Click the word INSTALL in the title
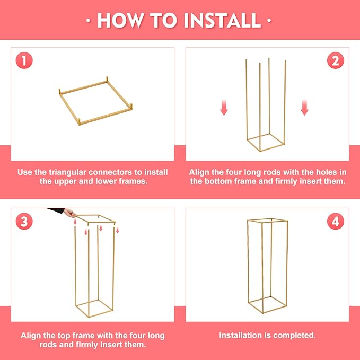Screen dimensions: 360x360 click(222, 20)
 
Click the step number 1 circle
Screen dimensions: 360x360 click(24, 60)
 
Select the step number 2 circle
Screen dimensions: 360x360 click(335, 60)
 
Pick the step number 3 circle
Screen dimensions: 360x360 click(24, 221)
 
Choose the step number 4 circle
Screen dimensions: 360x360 click(335, 221)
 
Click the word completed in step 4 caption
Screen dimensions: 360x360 click(294, 336)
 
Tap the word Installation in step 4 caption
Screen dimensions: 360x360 click(241, 336)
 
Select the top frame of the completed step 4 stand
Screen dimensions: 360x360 click(267, 220)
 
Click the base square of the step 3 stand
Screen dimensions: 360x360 click(94, 308)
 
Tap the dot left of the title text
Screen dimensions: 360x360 click(87, 21)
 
